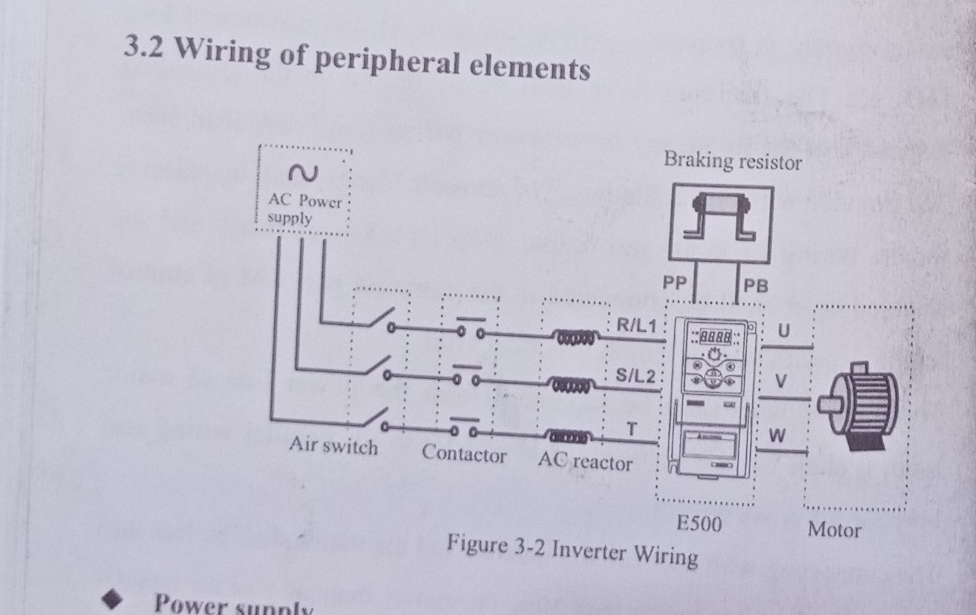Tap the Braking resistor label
732,161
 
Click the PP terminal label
674,283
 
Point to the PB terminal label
756,285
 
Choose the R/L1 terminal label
636,325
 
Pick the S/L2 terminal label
635,376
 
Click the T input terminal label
631,429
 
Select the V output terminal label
781,382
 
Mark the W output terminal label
777,436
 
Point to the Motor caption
834,530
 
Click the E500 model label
698,524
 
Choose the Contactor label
463,454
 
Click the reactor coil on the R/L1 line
573,337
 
